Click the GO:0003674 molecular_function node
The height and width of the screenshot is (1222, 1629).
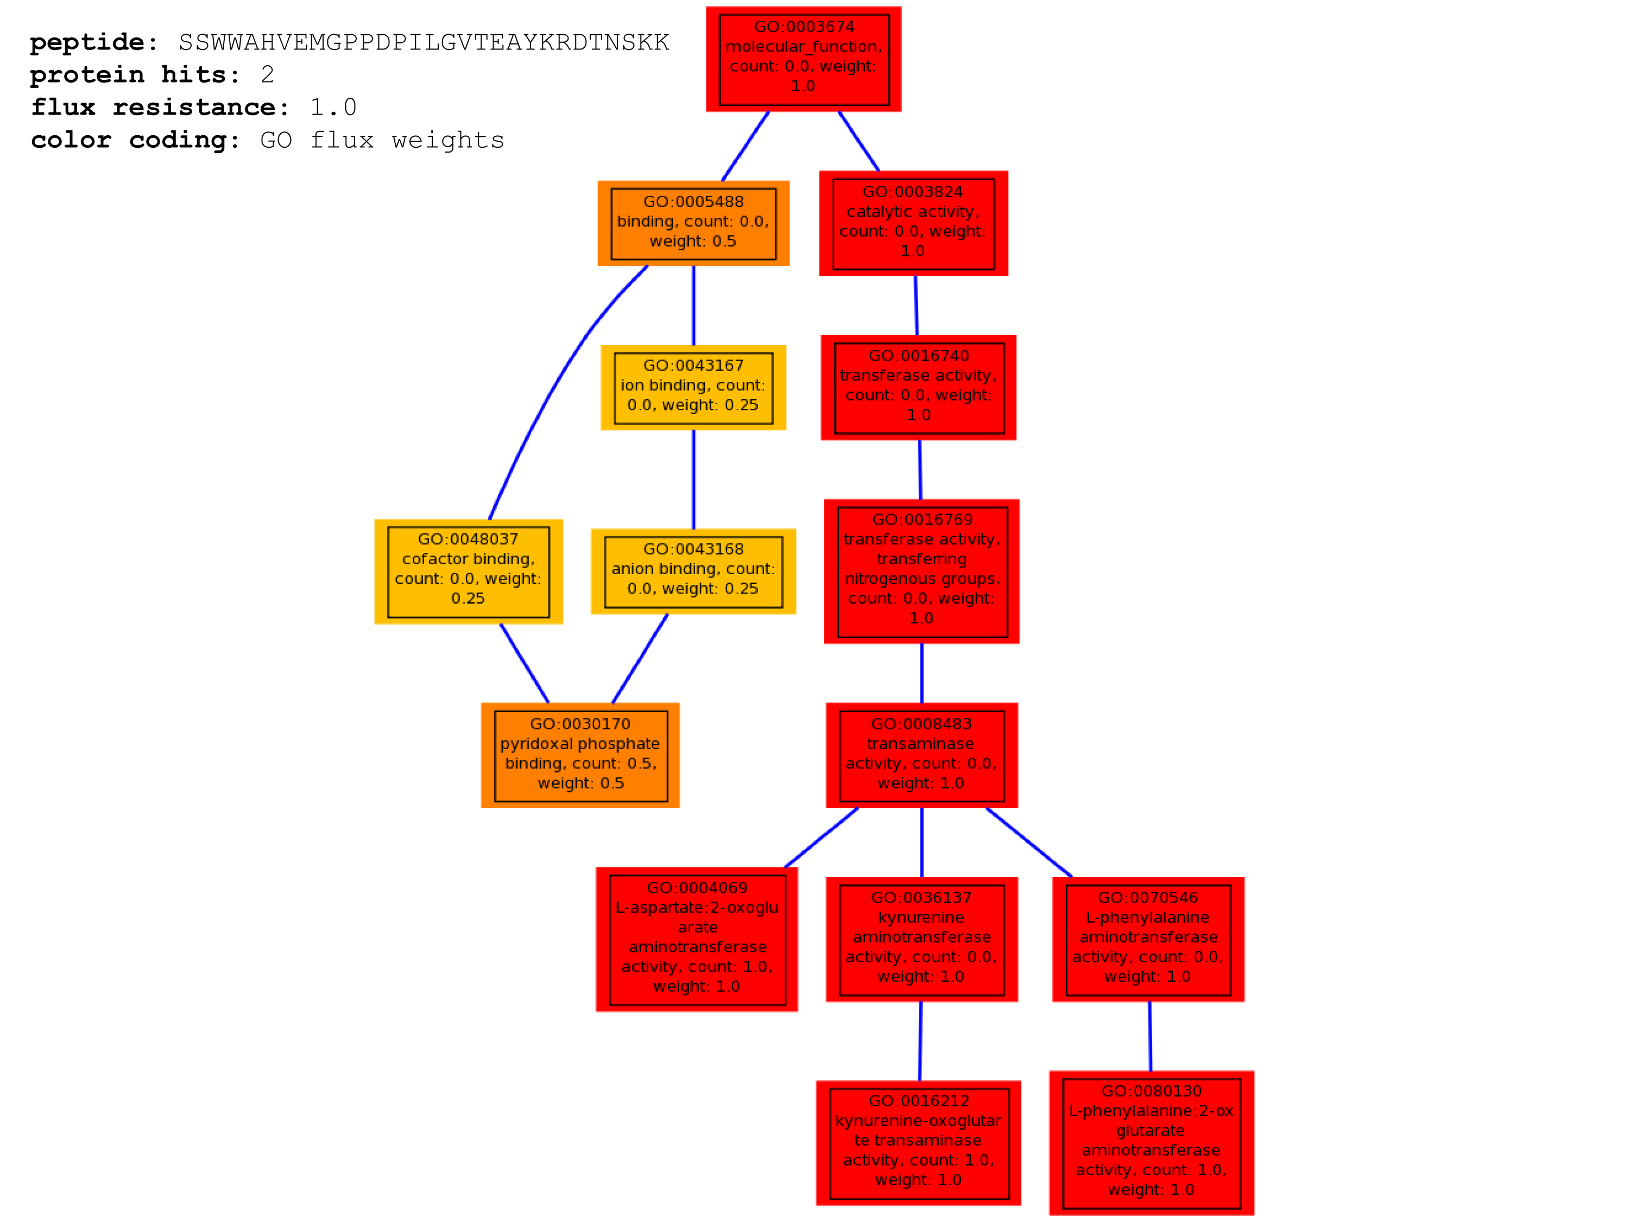pos(804,59)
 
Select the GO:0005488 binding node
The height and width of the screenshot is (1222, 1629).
pos(693,223)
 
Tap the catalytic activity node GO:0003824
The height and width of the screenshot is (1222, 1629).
pos(913,223)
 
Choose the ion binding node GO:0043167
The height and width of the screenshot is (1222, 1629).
pos(693,387)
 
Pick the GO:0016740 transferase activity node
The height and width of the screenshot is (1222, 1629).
pos(918,387)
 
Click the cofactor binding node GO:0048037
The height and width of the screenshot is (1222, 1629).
pos(469,571)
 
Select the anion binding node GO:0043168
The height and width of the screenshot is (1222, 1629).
pos(693,571)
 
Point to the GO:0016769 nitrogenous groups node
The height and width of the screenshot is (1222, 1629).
pos(921,571)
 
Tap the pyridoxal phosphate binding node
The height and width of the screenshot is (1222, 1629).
pos(580,755)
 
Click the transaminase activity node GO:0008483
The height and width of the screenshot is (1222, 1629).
pos(921,755)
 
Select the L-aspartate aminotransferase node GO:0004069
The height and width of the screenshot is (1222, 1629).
pos(697,939)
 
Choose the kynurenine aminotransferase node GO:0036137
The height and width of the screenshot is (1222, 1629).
pos(921,939)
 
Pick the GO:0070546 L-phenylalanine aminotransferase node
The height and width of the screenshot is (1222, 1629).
pos(1148,939)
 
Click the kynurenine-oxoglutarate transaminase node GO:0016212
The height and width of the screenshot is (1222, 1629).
pos(918,1143)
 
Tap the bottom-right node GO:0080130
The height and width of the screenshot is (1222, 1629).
pos(1151,1143)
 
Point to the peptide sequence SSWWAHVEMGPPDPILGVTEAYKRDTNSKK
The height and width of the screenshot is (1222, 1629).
pos(424,43)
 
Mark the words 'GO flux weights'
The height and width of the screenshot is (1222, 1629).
pos(382,140)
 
